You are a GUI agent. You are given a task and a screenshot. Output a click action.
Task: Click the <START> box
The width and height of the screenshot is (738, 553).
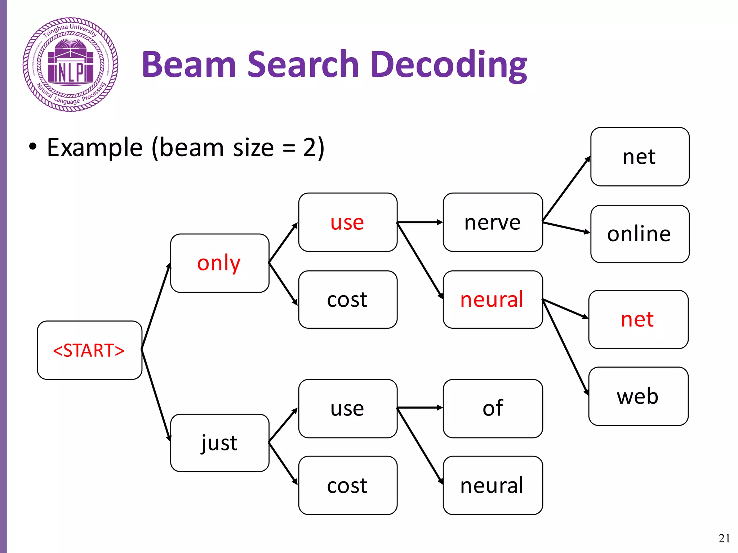coord(89,350)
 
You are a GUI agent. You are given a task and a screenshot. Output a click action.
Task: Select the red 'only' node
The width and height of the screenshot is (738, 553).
coord(219,263)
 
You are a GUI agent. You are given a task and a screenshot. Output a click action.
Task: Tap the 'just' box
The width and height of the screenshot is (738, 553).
coord(219,443)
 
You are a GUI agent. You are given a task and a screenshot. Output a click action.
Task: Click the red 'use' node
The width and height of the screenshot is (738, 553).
coord(348,222)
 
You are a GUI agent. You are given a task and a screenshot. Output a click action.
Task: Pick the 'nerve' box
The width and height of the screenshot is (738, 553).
coord(493,222)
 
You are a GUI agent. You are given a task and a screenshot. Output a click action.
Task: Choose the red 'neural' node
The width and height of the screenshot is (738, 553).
coord(493,300)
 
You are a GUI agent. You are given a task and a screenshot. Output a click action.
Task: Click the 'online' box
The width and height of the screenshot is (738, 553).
coord(640,234)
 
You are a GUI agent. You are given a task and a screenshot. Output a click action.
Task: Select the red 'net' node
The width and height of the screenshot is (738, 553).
coord(638,319)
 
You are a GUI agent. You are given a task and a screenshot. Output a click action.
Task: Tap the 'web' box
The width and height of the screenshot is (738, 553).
coord(638,396)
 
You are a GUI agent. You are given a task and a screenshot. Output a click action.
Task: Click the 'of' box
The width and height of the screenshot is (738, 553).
coord(493,408)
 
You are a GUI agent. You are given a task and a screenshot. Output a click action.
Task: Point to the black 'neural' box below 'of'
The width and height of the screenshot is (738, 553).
coord(493,485)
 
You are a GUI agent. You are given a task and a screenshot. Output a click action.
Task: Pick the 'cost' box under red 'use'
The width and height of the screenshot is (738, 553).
coord(348,300)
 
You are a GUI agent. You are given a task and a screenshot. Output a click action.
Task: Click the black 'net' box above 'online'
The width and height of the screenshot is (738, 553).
coord(640,157)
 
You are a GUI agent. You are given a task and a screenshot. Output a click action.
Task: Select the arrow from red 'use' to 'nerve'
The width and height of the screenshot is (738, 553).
coord(420,222)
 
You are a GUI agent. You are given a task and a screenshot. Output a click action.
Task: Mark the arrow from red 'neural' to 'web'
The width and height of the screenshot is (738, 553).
coord(566,347)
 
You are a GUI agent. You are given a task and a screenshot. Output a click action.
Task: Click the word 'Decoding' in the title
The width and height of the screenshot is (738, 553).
coord(448,65)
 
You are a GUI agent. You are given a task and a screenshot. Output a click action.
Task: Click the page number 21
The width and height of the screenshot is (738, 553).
coord(724,538)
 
